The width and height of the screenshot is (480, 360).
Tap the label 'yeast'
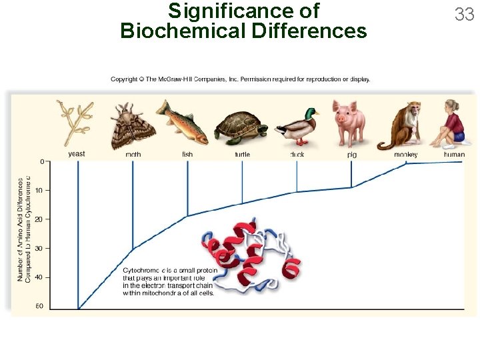(77, 154)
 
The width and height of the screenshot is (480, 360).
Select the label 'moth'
(133, 155)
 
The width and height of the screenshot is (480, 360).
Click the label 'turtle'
(242, 155)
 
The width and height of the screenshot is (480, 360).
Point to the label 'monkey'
(405, 155)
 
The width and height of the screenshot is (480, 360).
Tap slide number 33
(464, 14)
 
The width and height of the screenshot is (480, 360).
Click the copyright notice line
(240, 79)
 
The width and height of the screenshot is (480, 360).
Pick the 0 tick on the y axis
(42, 162)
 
